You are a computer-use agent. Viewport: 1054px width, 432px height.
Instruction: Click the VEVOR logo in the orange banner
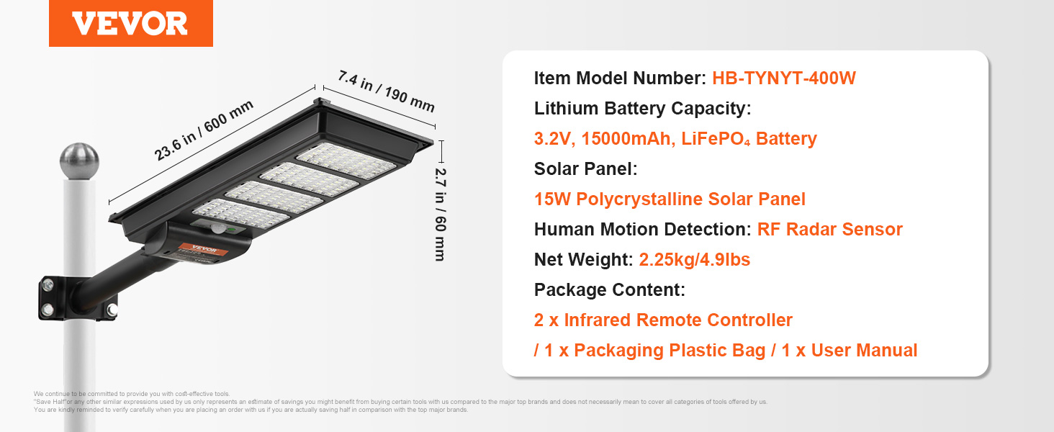130,24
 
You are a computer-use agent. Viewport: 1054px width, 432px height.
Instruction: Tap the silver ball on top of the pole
79,161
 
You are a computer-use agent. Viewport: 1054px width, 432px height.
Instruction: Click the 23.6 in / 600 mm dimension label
203,130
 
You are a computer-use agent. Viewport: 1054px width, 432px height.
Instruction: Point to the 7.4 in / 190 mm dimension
387,91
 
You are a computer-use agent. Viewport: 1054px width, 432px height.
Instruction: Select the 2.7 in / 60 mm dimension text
440,214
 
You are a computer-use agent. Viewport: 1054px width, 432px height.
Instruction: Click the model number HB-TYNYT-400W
784,78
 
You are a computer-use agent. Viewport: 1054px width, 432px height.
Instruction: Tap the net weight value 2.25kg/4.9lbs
695,259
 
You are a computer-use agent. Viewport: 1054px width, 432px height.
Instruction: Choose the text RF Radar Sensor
829,229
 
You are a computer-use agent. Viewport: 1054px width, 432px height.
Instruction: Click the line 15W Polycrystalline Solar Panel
670,199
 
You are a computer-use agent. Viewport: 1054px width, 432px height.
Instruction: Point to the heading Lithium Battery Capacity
642,108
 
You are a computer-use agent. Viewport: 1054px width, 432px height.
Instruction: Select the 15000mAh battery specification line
675,139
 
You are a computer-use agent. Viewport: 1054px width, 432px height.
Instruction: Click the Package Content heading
609,290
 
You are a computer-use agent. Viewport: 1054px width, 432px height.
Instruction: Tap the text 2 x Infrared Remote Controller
663,320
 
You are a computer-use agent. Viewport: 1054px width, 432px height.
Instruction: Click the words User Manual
864,350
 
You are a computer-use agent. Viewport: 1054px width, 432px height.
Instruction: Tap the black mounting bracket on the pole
78,298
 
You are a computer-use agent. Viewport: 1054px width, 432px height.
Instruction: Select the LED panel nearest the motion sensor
241,214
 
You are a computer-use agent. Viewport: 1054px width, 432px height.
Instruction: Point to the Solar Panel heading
586,169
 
